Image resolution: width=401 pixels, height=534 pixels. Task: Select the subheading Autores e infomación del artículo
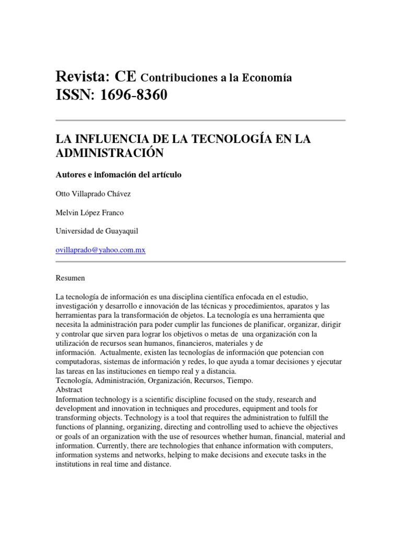pos(119,175)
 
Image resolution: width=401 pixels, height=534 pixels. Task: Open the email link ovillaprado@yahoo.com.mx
pos(100,250)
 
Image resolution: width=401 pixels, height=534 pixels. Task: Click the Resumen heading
pos(70,278)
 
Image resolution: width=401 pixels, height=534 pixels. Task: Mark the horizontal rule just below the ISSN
pos(200,120)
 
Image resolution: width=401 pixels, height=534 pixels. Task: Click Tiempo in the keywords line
pos(241,381)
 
